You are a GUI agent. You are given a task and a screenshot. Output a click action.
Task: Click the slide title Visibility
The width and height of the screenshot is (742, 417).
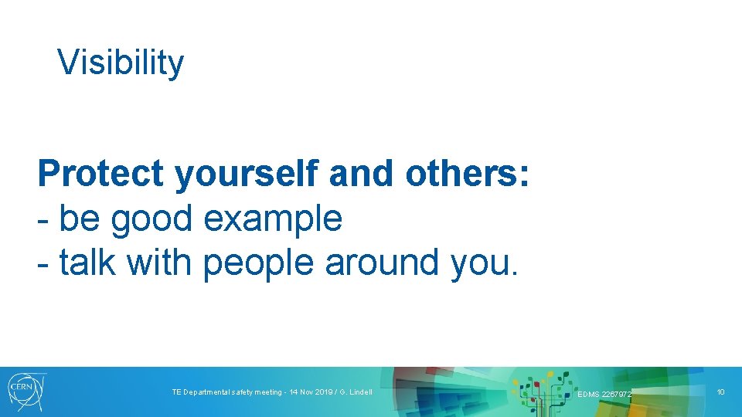121,62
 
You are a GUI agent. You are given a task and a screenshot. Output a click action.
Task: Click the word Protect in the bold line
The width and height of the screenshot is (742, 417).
101,175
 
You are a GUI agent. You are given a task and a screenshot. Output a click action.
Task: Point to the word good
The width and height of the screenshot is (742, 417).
152,220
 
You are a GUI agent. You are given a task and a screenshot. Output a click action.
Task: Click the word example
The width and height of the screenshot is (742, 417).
272,220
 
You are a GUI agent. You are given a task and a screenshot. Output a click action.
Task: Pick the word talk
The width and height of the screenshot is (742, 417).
88,263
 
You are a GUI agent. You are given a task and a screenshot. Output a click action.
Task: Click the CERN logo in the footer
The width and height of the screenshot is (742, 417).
26,391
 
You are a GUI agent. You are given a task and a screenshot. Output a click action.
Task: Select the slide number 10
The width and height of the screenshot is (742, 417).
720,392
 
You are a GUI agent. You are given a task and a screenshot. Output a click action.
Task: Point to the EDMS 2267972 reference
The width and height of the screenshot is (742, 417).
604,395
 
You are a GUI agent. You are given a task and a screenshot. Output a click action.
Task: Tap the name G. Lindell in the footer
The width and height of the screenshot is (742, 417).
355,392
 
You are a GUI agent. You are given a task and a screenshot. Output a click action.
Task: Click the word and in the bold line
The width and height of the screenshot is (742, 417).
360,175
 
